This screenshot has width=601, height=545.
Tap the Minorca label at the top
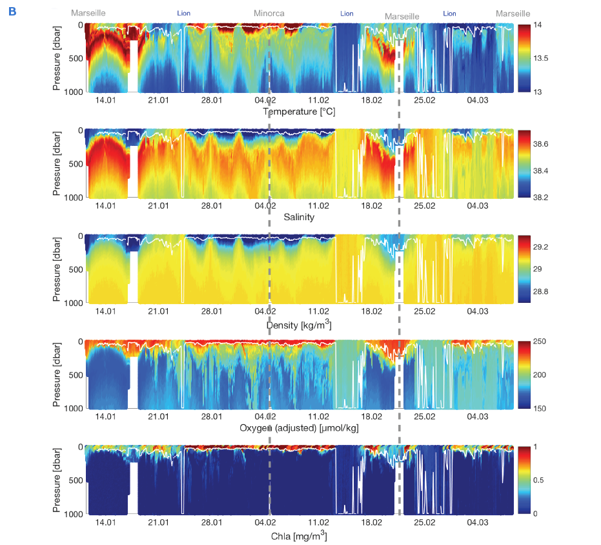tap(269, 14)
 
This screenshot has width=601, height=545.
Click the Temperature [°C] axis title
tap(299, 112)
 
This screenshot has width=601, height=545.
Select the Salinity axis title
tap(299, 217)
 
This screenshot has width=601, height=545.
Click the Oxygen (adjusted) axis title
tap(299, 428)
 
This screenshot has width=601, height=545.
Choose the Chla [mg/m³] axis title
tap(299, 535)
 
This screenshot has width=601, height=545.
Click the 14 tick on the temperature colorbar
tap(540, 25)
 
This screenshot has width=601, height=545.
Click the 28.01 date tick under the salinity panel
tap(212, 206)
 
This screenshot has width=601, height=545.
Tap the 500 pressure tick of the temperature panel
tap(73, 58)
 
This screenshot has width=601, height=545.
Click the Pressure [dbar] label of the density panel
tap(57, 269)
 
